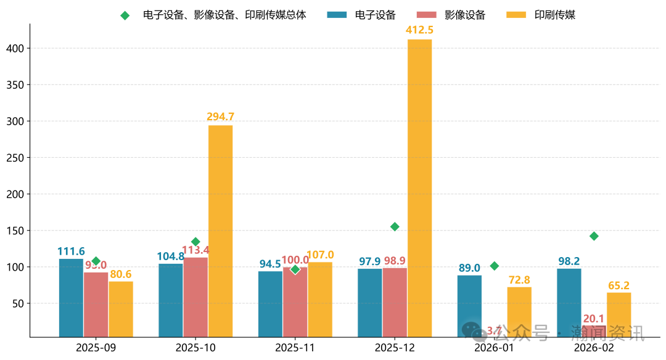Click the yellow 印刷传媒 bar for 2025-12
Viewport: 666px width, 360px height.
pos(419,188)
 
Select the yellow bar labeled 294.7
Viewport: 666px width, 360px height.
pos(220,231)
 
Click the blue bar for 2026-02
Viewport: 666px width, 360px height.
pos(569,303)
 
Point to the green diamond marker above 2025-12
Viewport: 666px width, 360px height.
pos(395,227)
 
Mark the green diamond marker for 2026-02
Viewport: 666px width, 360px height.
pos(594,236)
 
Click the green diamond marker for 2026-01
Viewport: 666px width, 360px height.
pos(494,266)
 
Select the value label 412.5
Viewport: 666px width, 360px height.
pos(419,30)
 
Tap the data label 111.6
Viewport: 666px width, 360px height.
pos(71,252)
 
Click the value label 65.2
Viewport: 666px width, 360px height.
pos(619,285)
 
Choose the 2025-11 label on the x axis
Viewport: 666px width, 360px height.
pos(295,348)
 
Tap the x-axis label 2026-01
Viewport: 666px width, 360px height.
pos(494,348)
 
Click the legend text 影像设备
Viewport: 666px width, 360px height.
pos(464,15)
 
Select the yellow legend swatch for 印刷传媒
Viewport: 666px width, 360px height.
pos(516,15)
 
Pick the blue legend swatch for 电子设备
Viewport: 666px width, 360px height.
pos(337,15)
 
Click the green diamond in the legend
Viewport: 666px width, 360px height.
pos(125,15)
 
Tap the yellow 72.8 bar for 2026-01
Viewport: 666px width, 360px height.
pos(519,312)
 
